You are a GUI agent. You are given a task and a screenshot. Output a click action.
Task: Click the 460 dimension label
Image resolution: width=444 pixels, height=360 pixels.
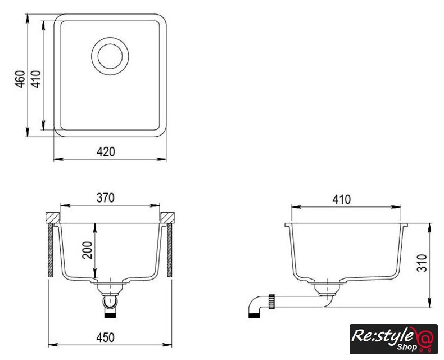point(20,79)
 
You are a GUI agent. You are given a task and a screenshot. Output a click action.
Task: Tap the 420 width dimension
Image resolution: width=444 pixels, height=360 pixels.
point(106,152)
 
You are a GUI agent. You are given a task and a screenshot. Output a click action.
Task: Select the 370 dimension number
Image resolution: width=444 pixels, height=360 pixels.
point(105,197)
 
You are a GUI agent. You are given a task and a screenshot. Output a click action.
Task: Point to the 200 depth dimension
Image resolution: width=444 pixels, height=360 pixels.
point(87,250)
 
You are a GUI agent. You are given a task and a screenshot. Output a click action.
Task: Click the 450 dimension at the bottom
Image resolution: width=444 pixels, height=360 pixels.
point(105,337)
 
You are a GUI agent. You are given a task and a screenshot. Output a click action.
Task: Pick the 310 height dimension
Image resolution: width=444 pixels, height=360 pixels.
point(422,263)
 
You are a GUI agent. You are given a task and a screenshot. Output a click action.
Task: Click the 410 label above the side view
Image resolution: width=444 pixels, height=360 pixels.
point(342,200)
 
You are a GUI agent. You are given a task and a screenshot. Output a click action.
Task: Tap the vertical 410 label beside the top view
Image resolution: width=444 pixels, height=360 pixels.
point(35,79)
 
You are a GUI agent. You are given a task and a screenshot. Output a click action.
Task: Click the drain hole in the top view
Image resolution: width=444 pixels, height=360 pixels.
point(110,56)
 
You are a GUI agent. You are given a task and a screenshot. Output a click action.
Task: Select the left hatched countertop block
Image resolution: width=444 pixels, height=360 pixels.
point(53,218)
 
